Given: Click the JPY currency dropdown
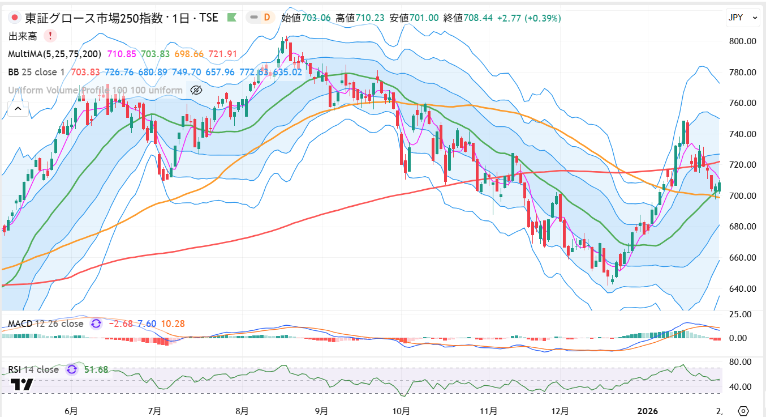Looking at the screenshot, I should click(742, 18).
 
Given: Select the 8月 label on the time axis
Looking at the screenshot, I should click(242, 411).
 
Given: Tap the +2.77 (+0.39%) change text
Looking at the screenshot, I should click(529, 18).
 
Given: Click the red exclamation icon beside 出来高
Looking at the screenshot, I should click(50, 36).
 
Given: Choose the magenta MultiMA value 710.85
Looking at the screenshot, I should click(121, 54).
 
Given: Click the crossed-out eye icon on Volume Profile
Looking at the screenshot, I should click(196, 90).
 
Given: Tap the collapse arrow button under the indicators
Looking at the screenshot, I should click(18, 108).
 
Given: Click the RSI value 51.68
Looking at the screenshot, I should click(96, 370).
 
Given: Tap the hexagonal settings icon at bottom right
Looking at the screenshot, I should click(743, 411).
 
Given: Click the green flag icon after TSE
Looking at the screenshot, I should click(231, 18).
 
